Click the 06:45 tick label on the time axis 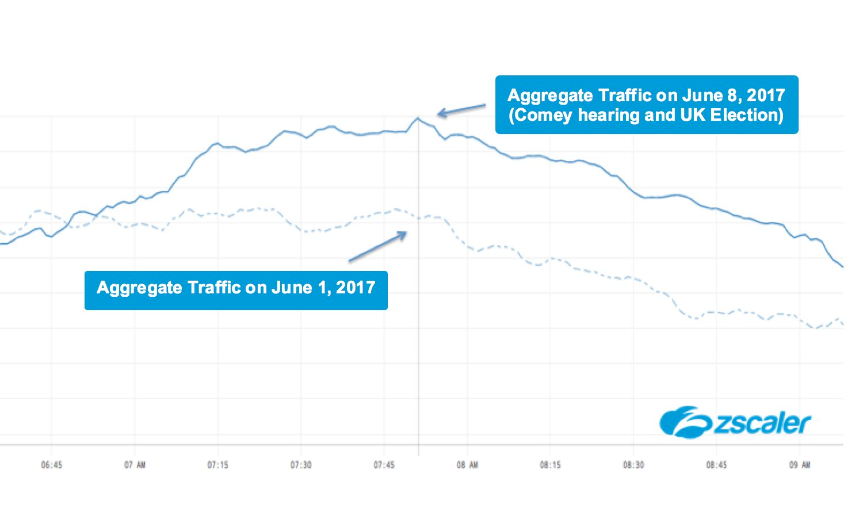51,465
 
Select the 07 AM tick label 135,465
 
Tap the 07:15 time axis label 217,465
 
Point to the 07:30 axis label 301,465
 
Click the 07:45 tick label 384,465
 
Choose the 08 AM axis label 467,465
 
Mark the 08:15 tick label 550,465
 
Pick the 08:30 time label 633,465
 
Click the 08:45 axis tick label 716,465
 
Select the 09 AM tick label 800,465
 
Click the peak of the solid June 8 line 418,119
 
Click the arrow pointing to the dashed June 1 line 377,247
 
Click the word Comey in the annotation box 544,115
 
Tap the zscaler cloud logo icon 685,423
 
